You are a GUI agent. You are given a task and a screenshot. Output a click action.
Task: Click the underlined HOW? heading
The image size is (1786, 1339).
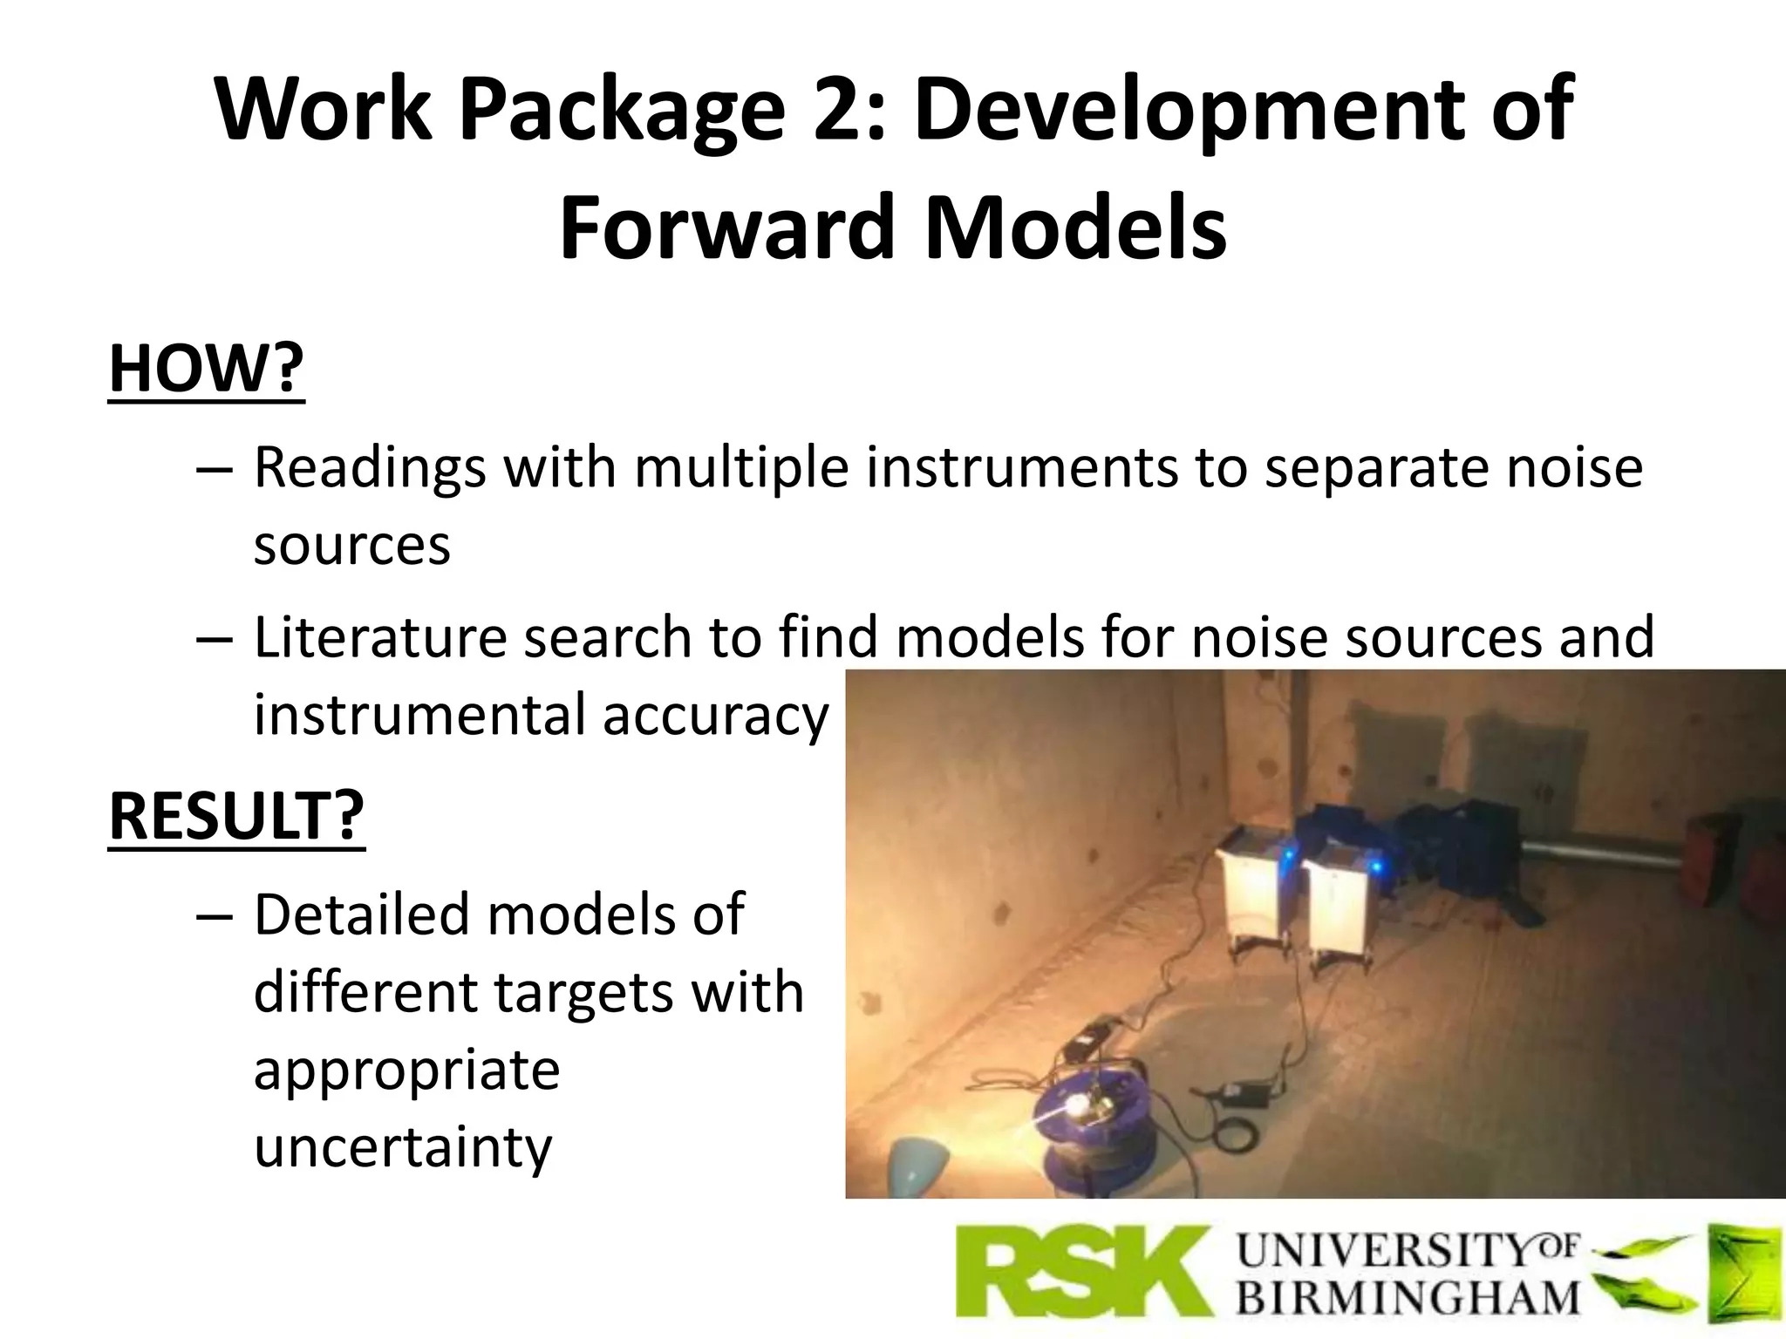[x=207, y=369]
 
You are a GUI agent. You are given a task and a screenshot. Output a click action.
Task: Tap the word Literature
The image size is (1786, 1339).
[x=380, y=636]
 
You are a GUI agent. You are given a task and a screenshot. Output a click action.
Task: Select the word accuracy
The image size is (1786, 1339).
[x=715, y=715]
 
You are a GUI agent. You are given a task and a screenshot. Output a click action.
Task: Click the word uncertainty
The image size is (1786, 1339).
[x=403, y=1147]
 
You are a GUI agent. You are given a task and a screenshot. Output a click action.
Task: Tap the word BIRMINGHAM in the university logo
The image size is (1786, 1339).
[x=1408, y=1296]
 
